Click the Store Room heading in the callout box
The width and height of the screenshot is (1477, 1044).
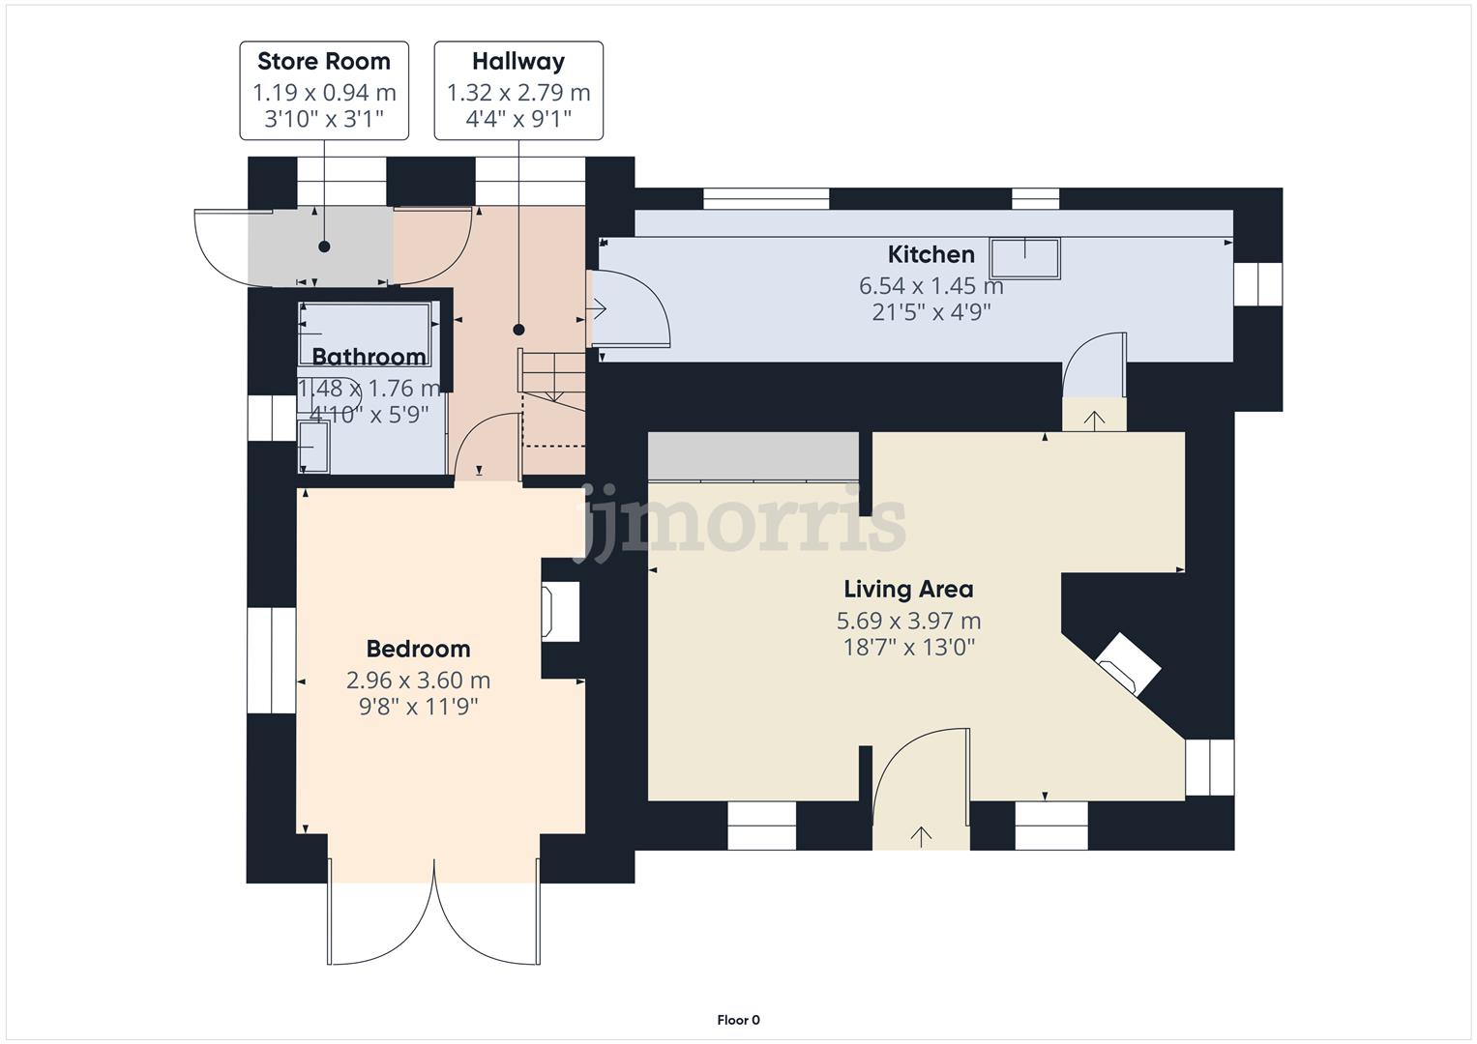click(324, 62)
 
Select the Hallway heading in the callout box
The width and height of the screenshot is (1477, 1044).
click(518, 62)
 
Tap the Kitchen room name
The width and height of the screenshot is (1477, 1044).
click(931, 254)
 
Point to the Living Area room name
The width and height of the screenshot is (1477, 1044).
click(908, 589)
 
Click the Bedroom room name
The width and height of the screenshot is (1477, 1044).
click(418, 649)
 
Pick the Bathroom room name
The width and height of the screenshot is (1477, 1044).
click(369, 357)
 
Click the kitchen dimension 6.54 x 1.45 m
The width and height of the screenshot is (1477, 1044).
click(931, 286)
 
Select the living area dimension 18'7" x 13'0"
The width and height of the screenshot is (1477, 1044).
click(908, 648)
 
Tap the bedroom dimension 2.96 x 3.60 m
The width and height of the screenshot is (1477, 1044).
click(418, 681)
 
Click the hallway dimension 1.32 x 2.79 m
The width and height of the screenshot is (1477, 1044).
click(518, 93)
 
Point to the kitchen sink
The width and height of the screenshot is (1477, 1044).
click(1025, 257)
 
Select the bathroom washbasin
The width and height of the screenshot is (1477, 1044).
click(313, 449)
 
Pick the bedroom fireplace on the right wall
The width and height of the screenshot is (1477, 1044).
click(561, 611)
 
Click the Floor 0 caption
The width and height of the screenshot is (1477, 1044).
click(738, 1020)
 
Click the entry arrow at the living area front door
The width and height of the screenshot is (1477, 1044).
click(920, 836)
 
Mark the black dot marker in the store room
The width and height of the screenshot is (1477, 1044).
click(324, 246)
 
